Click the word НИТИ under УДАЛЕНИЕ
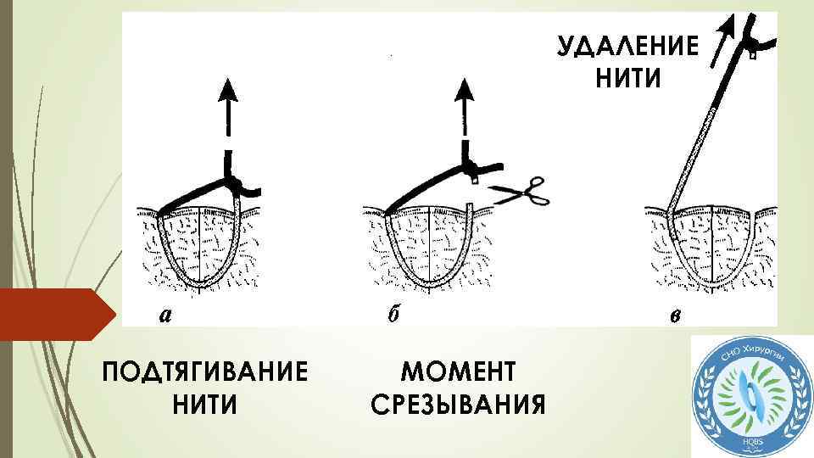pyautogui.click(x=627, y=78)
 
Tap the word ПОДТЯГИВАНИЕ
pyautogui.click(x=203, y=372)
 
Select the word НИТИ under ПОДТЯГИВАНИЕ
pyautogui.click(x=203, y=405)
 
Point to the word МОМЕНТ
pyautogui.click(x=458, y=372)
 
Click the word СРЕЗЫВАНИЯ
pyautogui.click(x=458, y=405)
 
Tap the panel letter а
pyautogui.click(x=166, y=315)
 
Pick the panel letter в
pyautogui.click(x=672, y=316)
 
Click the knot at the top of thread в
pyautogui.click(x=750, y=38)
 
